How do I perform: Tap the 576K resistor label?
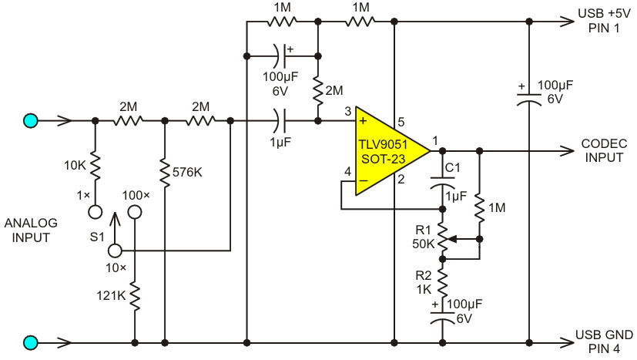tap(187, 172)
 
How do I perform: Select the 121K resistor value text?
tap(111, 296)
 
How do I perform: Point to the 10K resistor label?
tap(75, 166)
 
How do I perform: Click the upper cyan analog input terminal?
tap(31, 121)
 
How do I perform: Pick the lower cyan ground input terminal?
tap(31, 343)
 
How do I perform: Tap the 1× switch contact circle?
tap(96, 212)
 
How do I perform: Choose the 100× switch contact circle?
tap(135, 212)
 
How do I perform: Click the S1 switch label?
tap(98, 237)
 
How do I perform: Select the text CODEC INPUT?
tap(604, 150)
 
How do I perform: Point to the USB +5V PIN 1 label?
tap(604, 21)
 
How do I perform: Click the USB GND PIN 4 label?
tap(604, 341)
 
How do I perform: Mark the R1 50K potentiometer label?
tap(424, 237)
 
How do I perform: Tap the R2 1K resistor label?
tap(424, 282)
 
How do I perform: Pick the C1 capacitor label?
tap(453, 167)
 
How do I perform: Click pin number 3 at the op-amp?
tap(347, 111)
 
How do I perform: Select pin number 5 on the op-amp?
tap(401, 122)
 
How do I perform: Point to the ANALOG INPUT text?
tap(31, 230)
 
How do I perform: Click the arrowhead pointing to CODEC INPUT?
tap(567, 151)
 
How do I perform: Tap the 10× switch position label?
tap(116, 268)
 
